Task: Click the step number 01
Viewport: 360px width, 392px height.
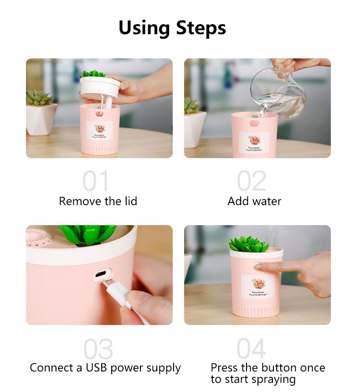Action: (x=96, y=181)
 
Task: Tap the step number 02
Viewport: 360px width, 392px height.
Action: (x=252, y=181)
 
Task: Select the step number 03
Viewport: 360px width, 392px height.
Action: (x=98, y=349)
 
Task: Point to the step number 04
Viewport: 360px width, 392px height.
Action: (x=252, y=349)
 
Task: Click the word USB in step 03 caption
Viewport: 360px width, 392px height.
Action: (x=97, y=368)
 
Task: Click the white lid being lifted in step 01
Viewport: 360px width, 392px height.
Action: (x=100, y=88)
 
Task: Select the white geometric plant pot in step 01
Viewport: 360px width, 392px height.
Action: (x=41, y=119)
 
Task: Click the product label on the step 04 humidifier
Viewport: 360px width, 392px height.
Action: (x=258, y=287)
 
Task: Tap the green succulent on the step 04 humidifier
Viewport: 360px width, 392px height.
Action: (x=248, y=244)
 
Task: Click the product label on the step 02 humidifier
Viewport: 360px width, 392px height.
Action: (x=254, y=143)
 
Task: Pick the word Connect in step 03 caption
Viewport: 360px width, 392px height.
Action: (x=51, y=368)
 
